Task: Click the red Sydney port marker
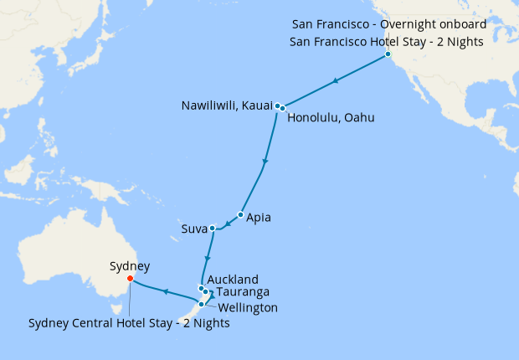coord(129,279)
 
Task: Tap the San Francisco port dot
coord(388,55)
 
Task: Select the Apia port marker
coord(240,215)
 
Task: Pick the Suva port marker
coord(213,228)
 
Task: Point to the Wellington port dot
coord(201,304)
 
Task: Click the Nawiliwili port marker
coord(277,105)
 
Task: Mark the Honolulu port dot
coord(283,108)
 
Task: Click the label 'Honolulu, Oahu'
coord(331,118)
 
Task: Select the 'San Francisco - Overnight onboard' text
coord(388,24)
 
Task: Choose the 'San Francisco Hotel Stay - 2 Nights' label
coord(388,40)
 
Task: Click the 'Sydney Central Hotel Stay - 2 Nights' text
coord(129,323)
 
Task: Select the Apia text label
coord(259,218)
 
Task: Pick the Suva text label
coord(193,229)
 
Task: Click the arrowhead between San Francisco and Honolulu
coord(335,81)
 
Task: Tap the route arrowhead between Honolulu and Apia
coord(265,162)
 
